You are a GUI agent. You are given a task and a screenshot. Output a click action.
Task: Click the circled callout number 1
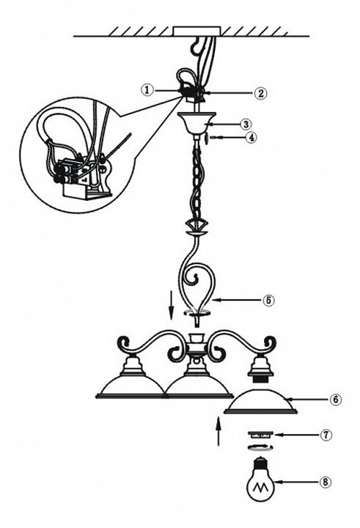[x=147, y=90]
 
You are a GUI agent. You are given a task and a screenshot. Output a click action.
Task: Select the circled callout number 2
[x=260, y=92]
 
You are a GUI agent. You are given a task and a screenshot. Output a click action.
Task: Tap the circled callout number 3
[x=246, y=124]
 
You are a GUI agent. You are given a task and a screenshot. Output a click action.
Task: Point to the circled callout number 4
[x=251, y=137]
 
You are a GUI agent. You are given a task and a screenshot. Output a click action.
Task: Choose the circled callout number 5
[x=268, y=300]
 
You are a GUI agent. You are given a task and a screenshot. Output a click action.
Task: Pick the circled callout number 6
[x=336, y=400]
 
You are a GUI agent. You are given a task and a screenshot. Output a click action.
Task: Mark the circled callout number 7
[x=326, y=435]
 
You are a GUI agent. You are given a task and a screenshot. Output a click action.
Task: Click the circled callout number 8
[x=325, y=483]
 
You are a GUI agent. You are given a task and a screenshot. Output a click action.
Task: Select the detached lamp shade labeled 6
[x=260, y=401]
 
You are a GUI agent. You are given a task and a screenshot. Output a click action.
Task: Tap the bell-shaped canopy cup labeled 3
[x=197, y=122]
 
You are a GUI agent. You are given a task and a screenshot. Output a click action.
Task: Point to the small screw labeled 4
[x=209, y=138]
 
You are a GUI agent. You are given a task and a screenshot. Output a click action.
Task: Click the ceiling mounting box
[x=197, y=31]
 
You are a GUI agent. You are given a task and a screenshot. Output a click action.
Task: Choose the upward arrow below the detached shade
[x=218, y=431]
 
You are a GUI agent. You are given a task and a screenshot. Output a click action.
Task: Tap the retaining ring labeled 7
[x=260, y=435]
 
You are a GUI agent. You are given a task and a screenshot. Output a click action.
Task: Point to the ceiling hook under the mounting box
[x=194, y=46]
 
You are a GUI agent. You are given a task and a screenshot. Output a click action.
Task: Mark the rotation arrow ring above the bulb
[x=260, y=447]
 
